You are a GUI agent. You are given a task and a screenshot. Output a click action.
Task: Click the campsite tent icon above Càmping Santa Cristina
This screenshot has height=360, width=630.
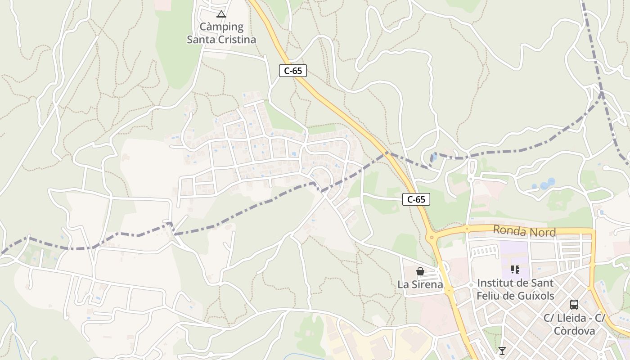(x=221, y=14)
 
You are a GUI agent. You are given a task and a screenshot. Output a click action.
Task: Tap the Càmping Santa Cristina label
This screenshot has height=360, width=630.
(x=221, y=33)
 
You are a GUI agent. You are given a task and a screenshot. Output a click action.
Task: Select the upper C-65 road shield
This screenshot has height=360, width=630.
(x=292, y=71)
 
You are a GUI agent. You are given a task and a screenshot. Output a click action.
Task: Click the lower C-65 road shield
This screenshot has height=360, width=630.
(x=416, y=199)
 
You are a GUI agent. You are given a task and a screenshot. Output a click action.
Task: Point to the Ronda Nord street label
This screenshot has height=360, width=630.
(x=524, y=231)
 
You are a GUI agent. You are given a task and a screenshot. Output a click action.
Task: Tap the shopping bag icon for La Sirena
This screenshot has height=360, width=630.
(x=420, y=271)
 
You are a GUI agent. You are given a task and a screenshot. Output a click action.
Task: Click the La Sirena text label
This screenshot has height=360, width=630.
(x=420, y=284)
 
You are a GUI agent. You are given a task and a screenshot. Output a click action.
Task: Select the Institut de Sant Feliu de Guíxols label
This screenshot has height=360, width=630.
(x=515, y=289)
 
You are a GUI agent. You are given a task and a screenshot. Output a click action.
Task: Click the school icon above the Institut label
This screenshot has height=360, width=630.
(x=515, y=270)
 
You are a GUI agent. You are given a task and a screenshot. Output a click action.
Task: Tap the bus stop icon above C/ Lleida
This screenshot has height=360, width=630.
(x=574, y=304)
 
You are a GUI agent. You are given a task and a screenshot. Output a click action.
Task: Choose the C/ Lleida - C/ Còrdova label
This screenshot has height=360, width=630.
(x=574, y=324)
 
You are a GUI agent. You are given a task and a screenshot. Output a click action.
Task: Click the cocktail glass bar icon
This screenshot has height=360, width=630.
(x=502, y=351)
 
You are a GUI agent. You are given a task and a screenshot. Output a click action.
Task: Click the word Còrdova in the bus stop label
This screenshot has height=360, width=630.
(x=574, y=331)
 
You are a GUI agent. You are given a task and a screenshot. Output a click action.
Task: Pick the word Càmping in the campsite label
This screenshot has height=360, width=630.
(x=221, y=27)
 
